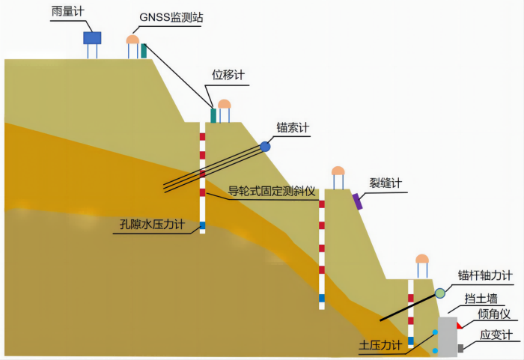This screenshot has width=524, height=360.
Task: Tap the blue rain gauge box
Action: (92, 37)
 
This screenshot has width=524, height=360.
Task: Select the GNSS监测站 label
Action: (170, 16)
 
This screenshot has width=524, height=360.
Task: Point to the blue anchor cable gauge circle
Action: (266, 147)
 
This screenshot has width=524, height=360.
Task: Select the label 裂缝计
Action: (386, 183)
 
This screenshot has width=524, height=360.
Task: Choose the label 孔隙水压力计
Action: (153, 224)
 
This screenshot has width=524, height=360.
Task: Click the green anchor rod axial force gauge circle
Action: (439, 293)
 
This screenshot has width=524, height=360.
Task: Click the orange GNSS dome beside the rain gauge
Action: (132, 39)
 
